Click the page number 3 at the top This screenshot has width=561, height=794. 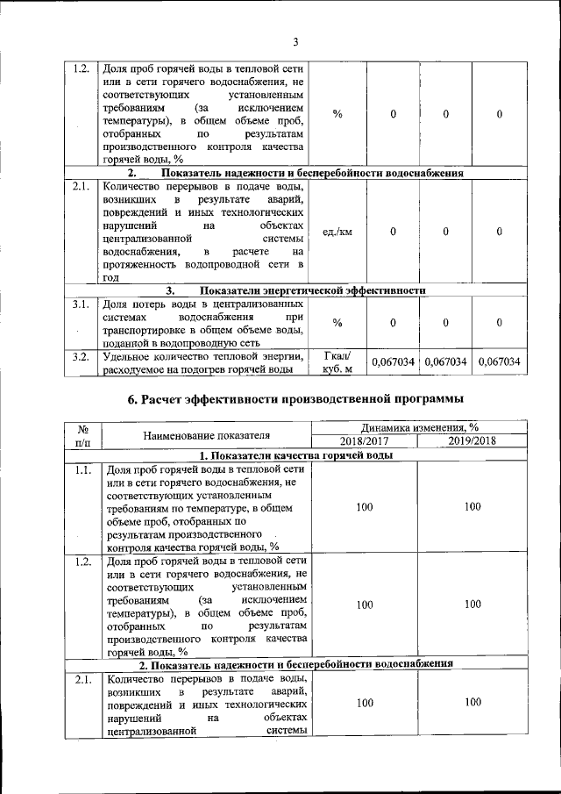(295, 42)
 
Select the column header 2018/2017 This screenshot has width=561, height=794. (364, 440)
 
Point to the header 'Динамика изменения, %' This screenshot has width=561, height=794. (418, 427)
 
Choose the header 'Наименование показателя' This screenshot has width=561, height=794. (206, 434)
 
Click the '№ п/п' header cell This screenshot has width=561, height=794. (85, 434)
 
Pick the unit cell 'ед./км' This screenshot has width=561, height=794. (337, 232)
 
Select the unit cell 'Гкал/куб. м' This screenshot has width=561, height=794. (337, 361)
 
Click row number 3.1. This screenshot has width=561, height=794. (82, 305)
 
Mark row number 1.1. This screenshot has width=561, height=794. (83, 470)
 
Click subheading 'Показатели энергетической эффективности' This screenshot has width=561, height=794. (311, 290)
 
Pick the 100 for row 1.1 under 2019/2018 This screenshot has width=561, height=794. (472, 507)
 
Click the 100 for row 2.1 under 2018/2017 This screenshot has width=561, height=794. (364, 704)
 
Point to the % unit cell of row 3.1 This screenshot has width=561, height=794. (337, 323)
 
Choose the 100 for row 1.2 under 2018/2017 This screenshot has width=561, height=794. (364, 604)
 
